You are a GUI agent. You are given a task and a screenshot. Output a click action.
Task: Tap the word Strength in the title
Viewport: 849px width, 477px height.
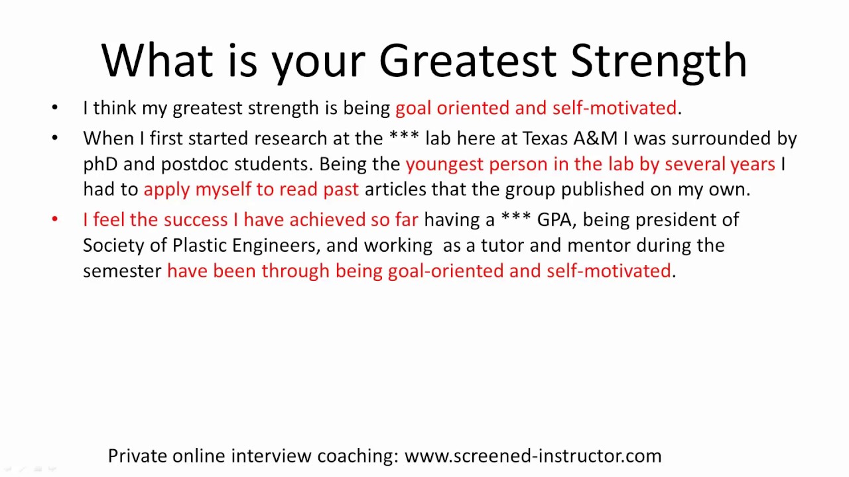click(x=659, y=62)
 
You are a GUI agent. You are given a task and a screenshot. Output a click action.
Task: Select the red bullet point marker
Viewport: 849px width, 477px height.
click(x=54, y=219)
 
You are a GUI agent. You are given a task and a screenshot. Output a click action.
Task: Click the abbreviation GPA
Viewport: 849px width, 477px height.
click(x=554, y=219)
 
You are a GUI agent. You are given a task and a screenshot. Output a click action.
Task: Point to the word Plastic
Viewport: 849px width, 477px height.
click(x=199, y=245)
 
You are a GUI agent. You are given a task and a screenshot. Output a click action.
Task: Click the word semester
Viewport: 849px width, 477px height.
click(x=122, y=270)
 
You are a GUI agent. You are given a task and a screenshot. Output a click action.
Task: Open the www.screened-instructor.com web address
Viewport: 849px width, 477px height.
click(x=533, y=456)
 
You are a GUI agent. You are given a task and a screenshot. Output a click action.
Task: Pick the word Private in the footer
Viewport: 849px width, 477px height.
click(x=137, y=456)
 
